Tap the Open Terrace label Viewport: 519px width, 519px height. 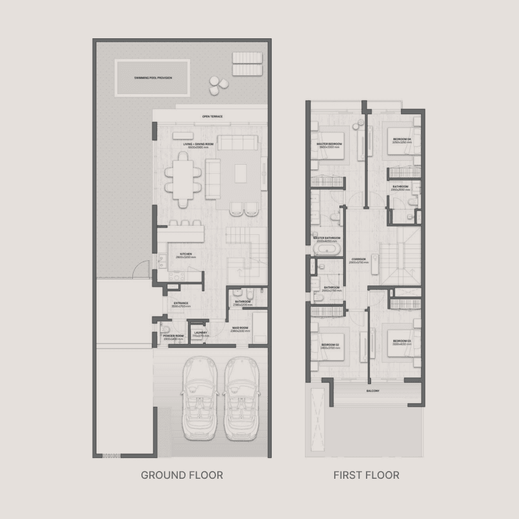pos(212,116)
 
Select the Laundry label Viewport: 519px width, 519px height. pos(199,333)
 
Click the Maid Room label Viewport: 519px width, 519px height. pos(241,328)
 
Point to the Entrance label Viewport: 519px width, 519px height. pos(180,303)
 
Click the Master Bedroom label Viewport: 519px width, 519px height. pos(330,144)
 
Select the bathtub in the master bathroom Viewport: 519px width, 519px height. pos(328,249)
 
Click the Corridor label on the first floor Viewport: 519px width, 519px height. pos(359,259)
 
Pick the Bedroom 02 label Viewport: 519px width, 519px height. pos(330,343)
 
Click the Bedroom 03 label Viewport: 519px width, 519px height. pos(402,341)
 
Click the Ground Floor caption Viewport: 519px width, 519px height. pos(182,476)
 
